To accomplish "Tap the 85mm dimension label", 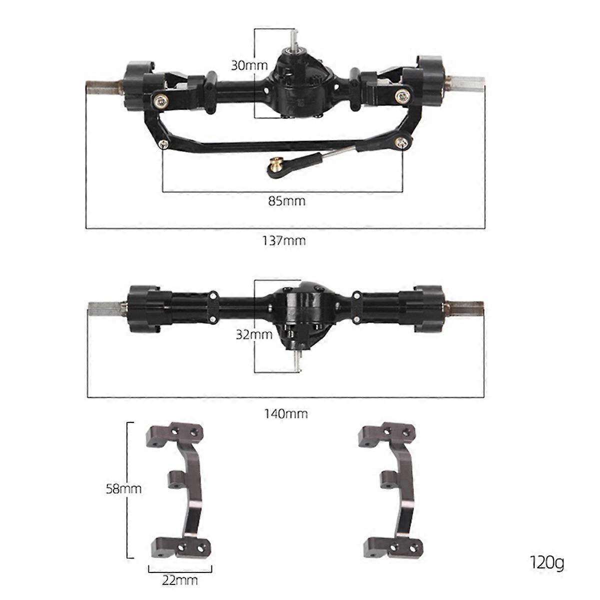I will tap(286, 201).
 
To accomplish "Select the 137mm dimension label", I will tap(284, 240).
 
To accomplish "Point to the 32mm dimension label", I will tap(254, 334).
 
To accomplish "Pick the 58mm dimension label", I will tap(123, 488).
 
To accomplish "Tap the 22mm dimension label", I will tap(180, 580).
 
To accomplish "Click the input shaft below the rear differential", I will tap(298, 361).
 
